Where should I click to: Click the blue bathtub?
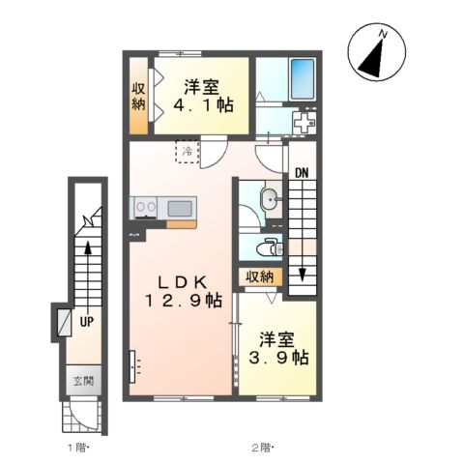pos(303,79)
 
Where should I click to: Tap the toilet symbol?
pos(271,248)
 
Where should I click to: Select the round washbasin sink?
pos(269,200)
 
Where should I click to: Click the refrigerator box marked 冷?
pos(188,152)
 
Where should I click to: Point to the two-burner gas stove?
pos(145,208)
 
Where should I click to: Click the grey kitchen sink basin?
pos(180,209)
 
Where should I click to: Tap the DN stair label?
pos(302,173)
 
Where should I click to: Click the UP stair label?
pos(86,321)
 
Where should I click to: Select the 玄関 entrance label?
pos(83,381)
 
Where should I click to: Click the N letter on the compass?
pos(383,34)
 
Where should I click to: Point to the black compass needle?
pos(373,58)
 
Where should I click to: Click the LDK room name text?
pos(182,282)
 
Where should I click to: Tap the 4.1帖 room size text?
pos(203,104)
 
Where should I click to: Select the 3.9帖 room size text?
pos(278,358)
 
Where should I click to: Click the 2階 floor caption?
pos(262,448)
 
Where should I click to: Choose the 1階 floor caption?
pos(77,448)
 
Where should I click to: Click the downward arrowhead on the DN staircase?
pos(302,275)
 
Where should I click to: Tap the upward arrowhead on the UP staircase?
pos(88,248)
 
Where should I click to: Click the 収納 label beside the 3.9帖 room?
pos(260,276)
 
